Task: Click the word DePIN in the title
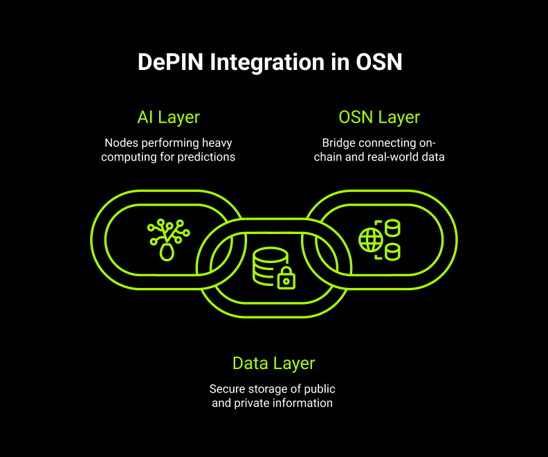(x=170, y=62)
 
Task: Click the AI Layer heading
(x=170, y=117)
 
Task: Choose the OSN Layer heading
(x=379, y=117)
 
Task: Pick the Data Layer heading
(x=273, y=364)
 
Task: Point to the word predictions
(x=205, y=157)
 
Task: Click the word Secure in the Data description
(x=226, y=388)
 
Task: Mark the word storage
(x=267, y=388)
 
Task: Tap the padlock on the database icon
(x=286, y=280)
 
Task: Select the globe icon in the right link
(x=370, y=240)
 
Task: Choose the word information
(x=302, y=403)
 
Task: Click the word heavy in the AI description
(x=217, y=143)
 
